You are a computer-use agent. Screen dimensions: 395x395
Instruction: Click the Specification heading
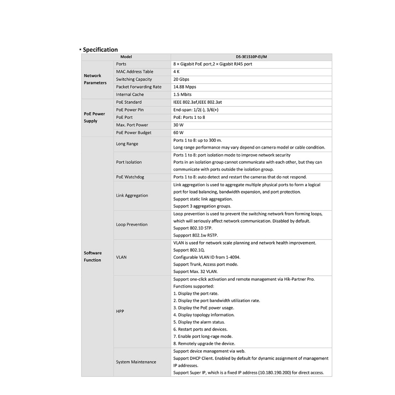click(100, 49)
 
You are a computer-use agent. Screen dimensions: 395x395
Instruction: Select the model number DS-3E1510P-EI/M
click(251, 57)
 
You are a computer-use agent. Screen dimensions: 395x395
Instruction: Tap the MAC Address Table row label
click(135, 72)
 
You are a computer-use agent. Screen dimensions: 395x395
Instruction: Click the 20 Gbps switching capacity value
click(181, 79)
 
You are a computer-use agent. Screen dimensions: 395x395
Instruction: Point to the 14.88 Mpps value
click(185, 87)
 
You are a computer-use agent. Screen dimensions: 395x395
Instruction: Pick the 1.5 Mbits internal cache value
click(182, 95)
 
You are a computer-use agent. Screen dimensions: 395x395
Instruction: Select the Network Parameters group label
click(95, 79)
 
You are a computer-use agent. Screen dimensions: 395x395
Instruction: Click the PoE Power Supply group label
click(95, 117)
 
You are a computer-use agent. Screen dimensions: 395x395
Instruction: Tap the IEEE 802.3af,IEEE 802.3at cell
click(197, 102)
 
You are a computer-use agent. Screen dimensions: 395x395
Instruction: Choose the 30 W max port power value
click(178, 125)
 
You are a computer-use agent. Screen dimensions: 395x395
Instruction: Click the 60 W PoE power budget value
click(178, 133)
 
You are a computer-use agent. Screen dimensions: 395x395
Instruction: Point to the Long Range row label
click(127, 144)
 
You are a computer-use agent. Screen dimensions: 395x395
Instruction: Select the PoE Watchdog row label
click(130, 177)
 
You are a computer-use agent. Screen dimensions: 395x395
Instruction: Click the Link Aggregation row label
click(132, 196)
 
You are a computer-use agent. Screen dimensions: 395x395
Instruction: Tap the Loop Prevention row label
click(132, 225)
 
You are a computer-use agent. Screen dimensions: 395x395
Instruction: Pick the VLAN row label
click(121, 257)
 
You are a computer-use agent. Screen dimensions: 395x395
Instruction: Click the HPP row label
click(120, 311)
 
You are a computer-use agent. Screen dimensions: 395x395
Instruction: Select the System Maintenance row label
click(136, 362)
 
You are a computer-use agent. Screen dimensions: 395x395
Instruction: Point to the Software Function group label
click(93, 257)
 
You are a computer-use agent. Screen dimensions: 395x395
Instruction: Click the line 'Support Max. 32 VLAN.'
click(196, 272)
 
